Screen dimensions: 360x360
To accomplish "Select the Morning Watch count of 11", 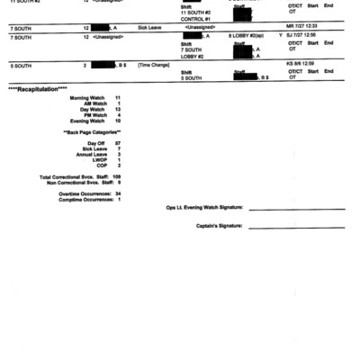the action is tap(118, 97).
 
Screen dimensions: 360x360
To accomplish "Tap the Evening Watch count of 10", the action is tap(117, 121).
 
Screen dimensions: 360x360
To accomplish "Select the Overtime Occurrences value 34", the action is tap(117, 193).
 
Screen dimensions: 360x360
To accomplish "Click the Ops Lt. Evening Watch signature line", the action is tap(296, 209).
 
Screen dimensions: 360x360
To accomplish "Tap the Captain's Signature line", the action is tap(296, 227).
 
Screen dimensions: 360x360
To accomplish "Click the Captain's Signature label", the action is tap(219, 226).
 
